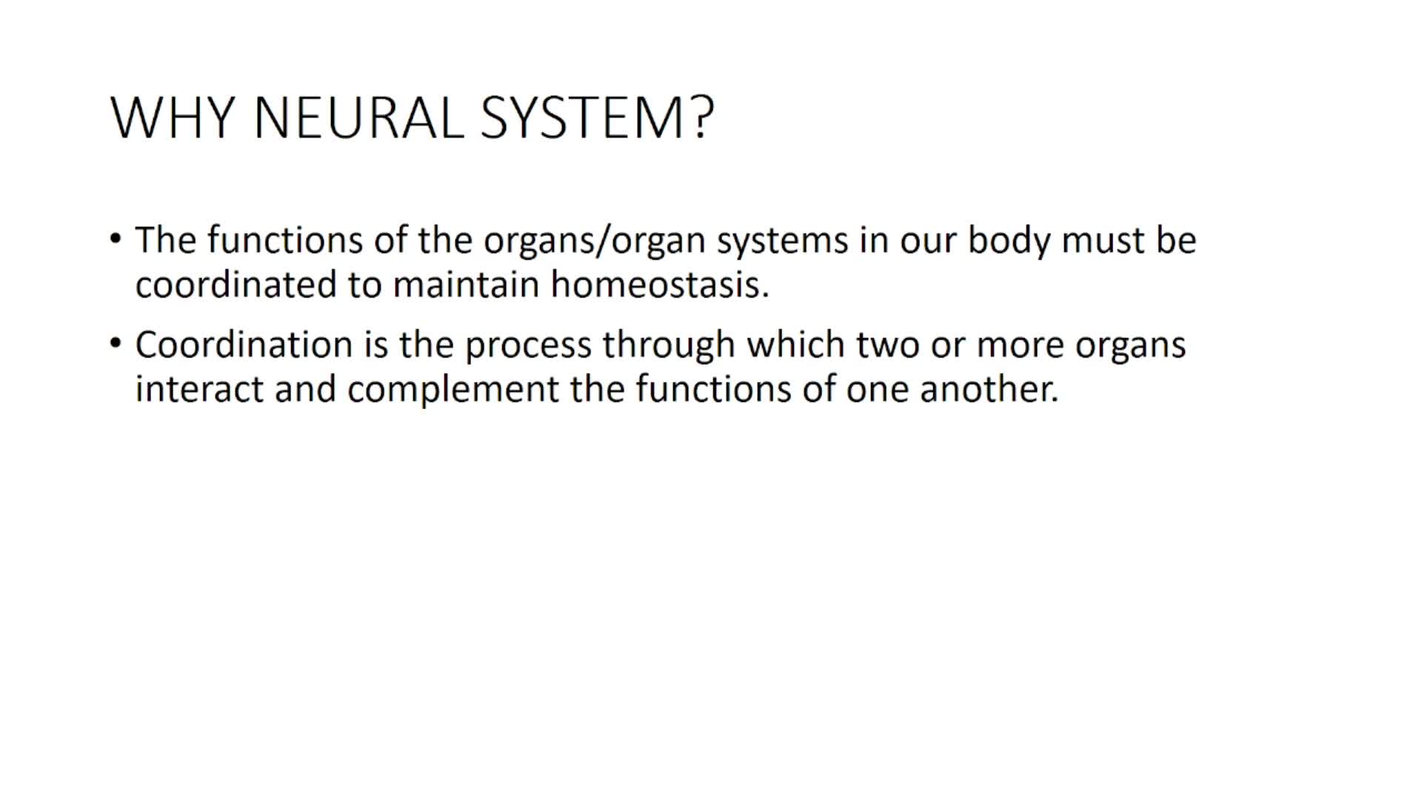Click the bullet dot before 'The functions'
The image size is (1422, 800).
point(115,239)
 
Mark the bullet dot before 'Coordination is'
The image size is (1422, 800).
point(115,344)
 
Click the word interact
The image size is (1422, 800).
point(199,389)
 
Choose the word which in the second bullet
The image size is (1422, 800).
point(796,344)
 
